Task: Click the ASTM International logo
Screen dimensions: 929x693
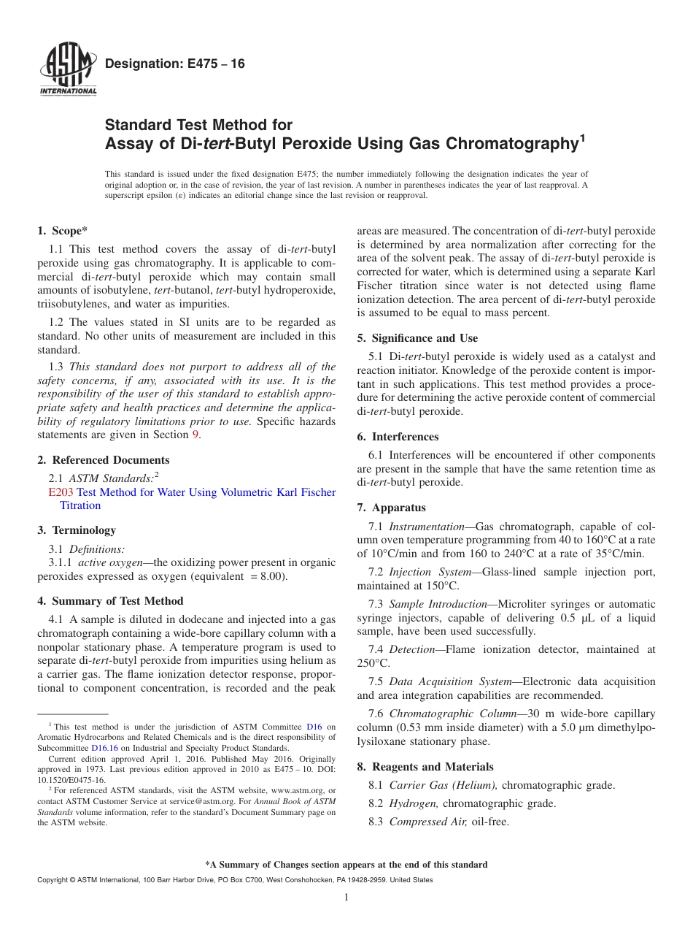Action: (x=68, y=69)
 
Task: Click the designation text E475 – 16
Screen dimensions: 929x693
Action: (x=175, y=64)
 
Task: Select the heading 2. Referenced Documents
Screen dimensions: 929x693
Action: (x=104, y=460)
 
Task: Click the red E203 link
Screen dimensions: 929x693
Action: (x=60, y=492)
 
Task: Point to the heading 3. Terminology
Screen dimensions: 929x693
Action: (x=77, y=530)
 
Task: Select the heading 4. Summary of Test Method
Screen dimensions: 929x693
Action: (x=110, y=601)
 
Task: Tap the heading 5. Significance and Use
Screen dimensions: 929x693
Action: (x=417, y=338)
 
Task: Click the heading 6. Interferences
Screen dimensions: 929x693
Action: (x=398, y=437)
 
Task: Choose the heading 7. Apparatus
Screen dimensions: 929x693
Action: (x=391, y=508)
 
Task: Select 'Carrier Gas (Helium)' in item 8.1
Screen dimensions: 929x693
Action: (x=444, y=785)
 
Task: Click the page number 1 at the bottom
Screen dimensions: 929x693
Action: (x=346, y=898)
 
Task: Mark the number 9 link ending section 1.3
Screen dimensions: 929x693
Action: (x=195, y=435)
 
